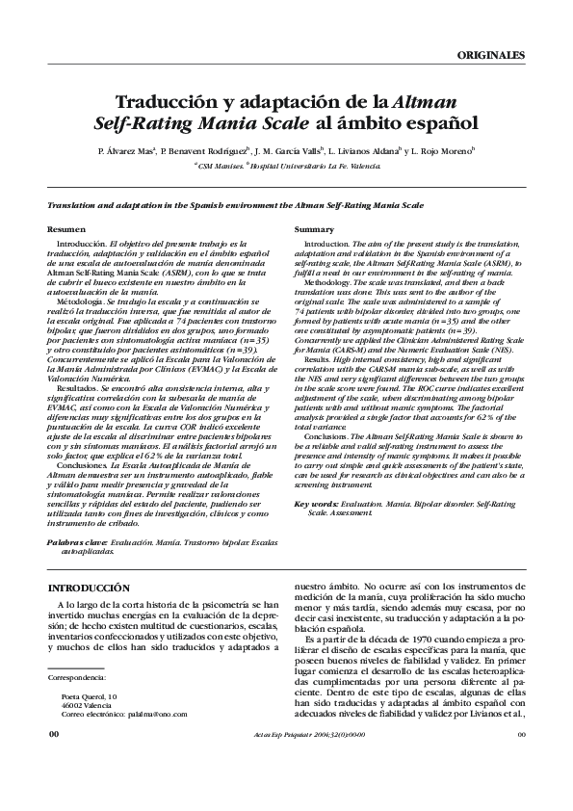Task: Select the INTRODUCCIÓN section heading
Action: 88,587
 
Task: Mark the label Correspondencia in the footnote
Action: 78,678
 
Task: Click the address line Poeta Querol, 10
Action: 89,695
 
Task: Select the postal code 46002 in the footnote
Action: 72,705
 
